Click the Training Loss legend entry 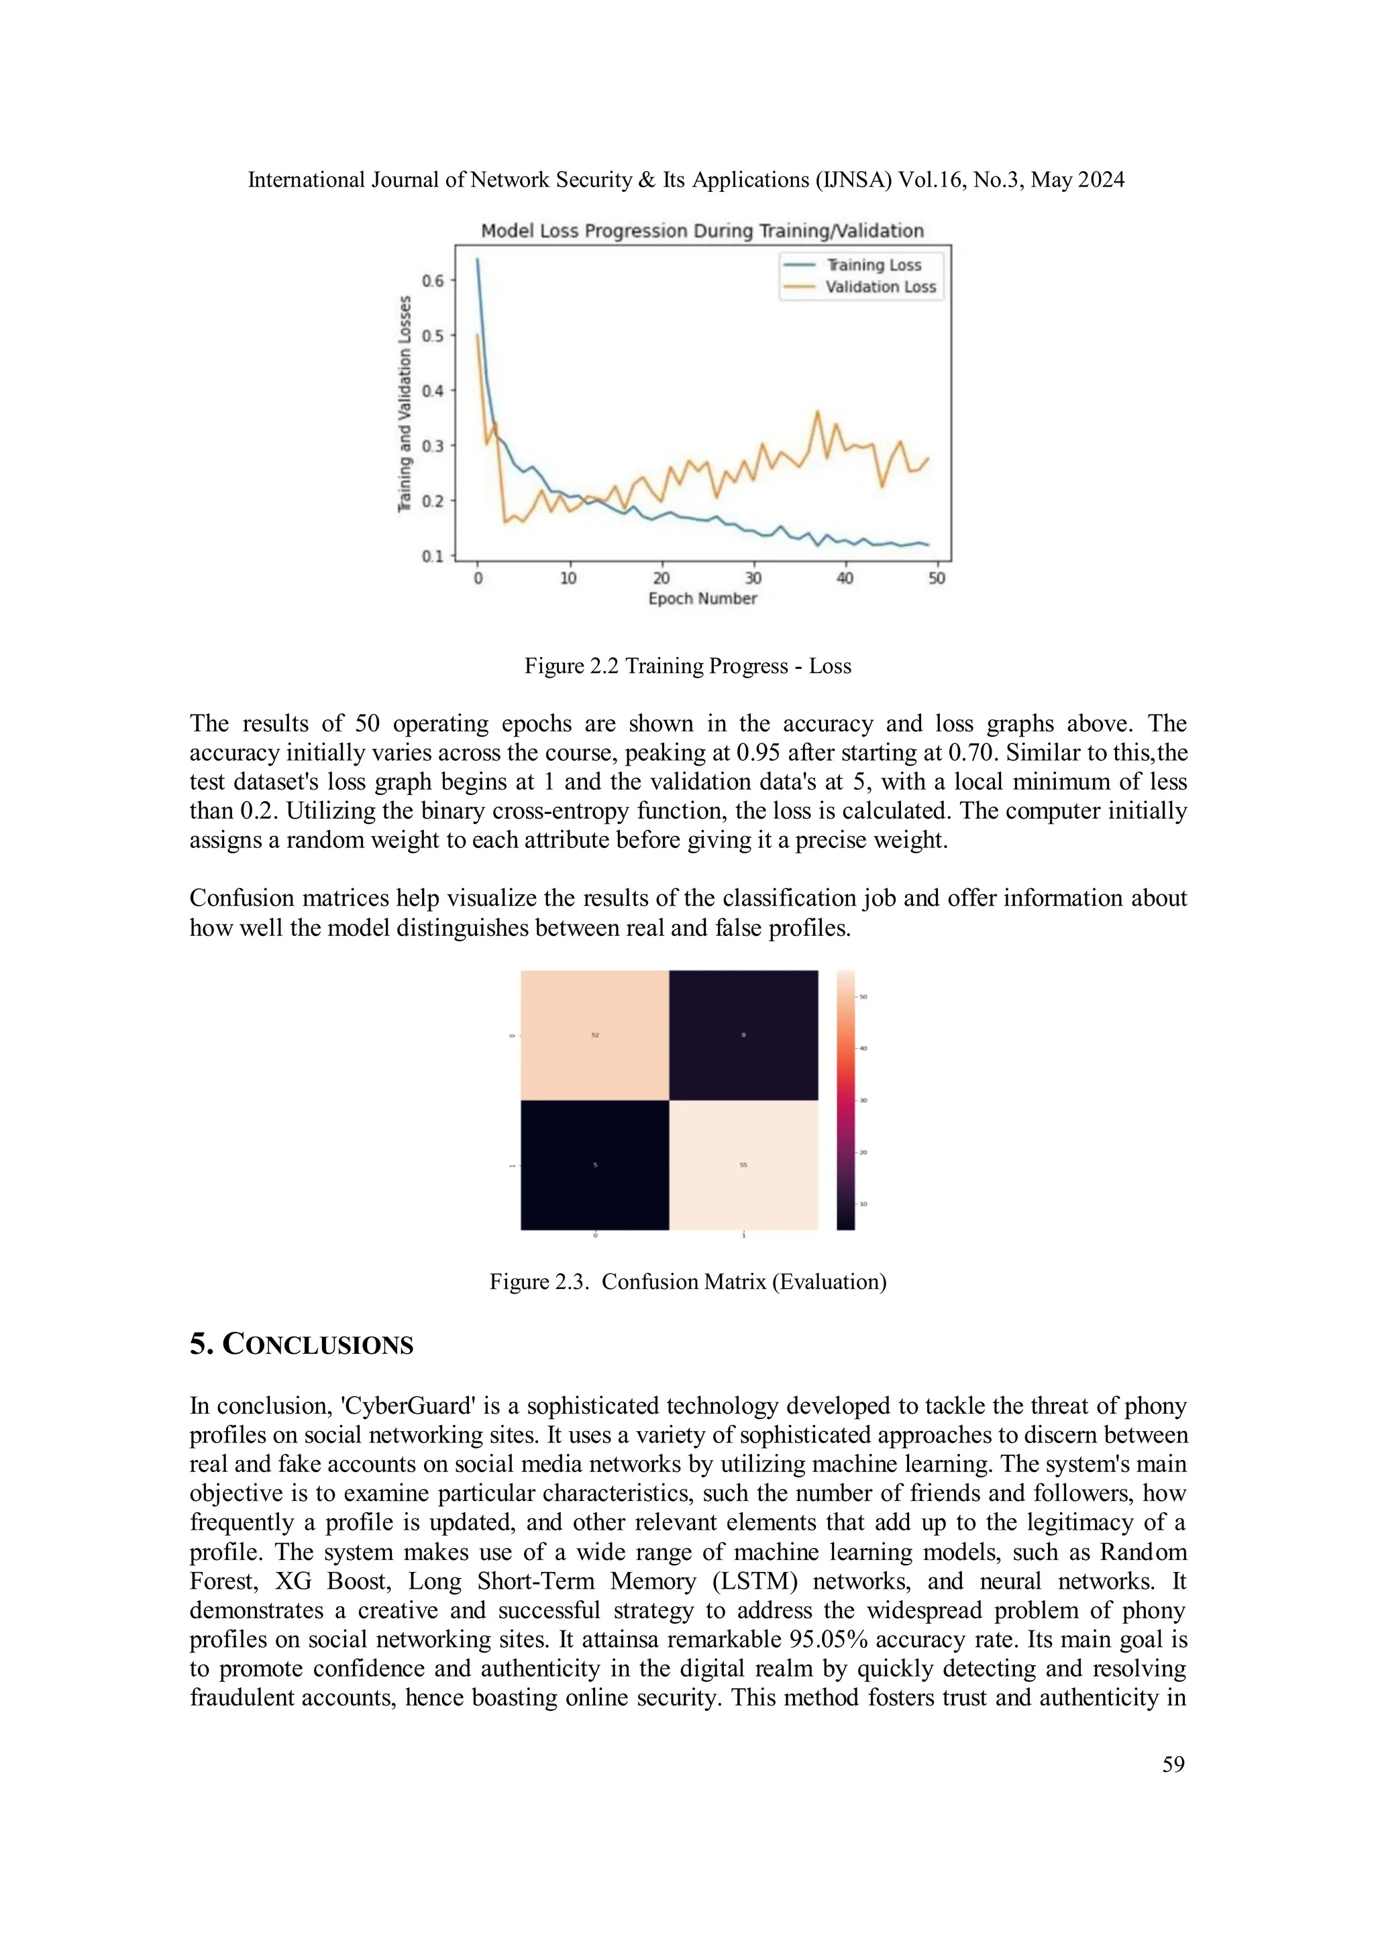[x=873, y=265]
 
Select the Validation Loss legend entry [x=880, y=287]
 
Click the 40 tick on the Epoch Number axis [x=845, y=578]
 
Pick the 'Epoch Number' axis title [x=702, y=598]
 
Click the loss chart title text [x=702, y=231]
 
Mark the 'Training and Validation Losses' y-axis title [x=405, y=404]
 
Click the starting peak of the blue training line [x=477, y=260]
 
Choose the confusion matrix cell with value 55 [x=743, y=1165]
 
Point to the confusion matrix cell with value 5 [x=595, y=1165]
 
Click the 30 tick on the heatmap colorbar [x=863, y=1100]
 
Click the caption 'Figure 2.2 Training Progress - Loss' [x=687, y=666]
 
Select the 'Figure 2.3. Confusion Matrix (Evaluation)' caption [x=687, y=1281]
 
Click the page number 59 [x=1173, y=1764]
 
